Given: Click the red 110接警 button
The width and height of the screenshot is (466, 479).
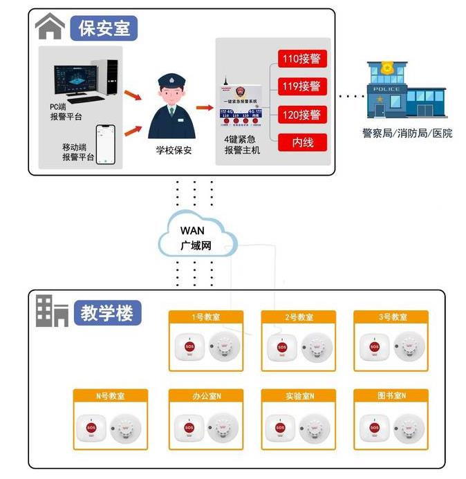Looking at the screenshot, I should [x=301, y=58].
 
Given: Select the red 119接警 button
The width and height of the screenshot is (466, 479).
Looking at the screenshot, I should [x=301, y=86].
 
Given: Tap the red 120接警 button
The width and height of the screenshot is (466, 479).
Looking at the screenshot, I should [x=301, y=114].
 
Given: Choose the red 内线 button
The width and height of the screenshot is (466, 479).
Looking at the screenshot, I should [x=301, y=142].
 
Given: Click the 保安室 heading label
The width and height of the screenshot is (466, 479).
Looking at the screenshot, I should [x=104, y=29].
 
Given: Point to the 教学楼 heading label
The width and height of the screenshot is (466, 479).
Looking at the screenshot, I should [x=106, y=312].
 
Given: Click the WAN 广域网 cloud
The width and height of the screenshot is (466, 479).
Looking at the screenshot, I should [x=196, y=237].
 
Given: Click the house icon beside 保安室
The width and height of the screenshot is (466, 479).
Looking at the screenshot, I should [x=50, y=28].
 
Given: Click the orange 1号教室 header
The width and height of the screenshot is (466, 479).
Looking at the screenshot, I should [x=206, y=317].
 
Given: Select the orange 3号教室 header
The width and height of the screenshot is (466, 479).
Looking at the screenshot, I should [x=391, y=317].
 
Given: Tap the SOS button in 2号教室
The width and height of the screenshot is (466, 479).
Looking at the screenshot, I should [x=281, y=347].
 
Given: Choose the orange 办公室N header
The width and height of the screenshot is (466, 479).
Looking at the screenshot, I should [x=206, y=396].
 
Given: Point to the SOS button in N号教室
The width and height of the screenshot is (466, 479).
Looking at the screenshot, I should [x=91, y=427].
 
